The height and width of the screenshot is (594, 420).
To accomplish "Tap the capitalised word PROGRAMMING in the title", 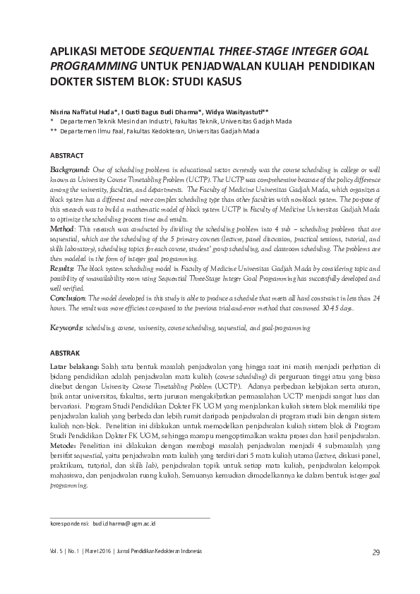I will [x=94, y=66].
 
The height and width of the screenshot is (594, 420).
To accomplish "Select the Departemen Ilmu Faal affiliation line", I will [x=160, y=131].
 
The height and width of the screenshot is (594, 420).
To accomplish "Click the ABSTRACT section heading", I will [x=66, y=155].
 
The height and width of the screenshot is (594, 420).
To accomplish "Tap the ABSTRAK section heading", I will [x=65, y=352].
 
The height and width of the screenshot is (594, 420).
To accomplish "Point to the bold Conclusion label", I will [x=69, y=298].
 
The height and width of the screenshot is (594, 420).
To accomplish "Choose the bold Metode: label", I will [x=64, y=446].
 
